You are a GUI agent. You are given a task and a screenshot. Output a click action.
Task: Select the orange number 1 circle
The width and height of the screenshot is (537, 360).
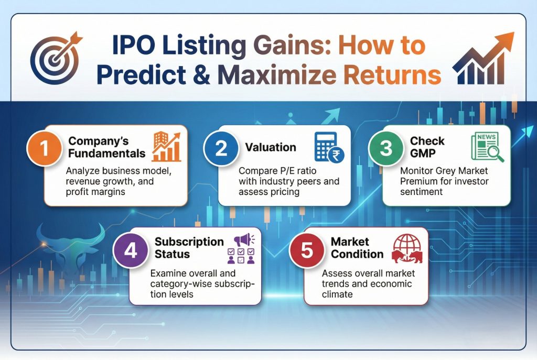click(x=45, y=148)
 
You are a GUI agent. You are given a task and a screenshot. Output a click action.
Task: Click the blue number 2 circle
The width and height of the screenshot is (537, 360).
click(x=221, y=148)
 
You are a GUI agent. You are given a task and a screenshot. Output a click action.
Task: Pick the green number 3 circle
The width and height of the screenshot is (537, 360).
click(x=386, y=148)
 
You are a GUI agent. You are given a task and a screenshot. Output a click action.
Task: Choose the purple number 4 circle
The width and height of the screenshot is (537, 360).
click(x=131, y=250)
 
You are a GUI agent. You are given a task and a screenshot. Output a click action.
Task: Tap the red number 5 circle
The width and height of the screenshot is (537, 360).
click(x=307, y=250)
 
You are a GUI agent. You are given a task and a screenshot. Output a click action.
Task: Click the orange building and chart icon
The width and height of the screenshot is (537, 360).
click(x=166, y=147)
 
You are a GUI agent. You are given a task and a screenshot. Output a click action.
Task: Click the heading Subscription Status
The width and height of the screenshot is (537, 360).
click(x=189, y=248)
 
